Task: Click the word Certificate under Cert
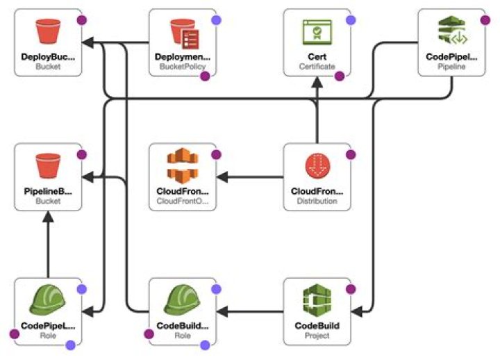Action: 317,67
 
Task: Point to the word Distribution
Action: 317,201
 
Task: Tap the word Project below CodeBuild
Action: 317,335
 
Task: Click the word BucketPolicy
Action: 183,67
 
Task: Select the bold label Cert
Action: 317,56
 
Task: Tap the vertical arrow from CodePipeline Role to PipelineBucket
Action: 48,243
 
